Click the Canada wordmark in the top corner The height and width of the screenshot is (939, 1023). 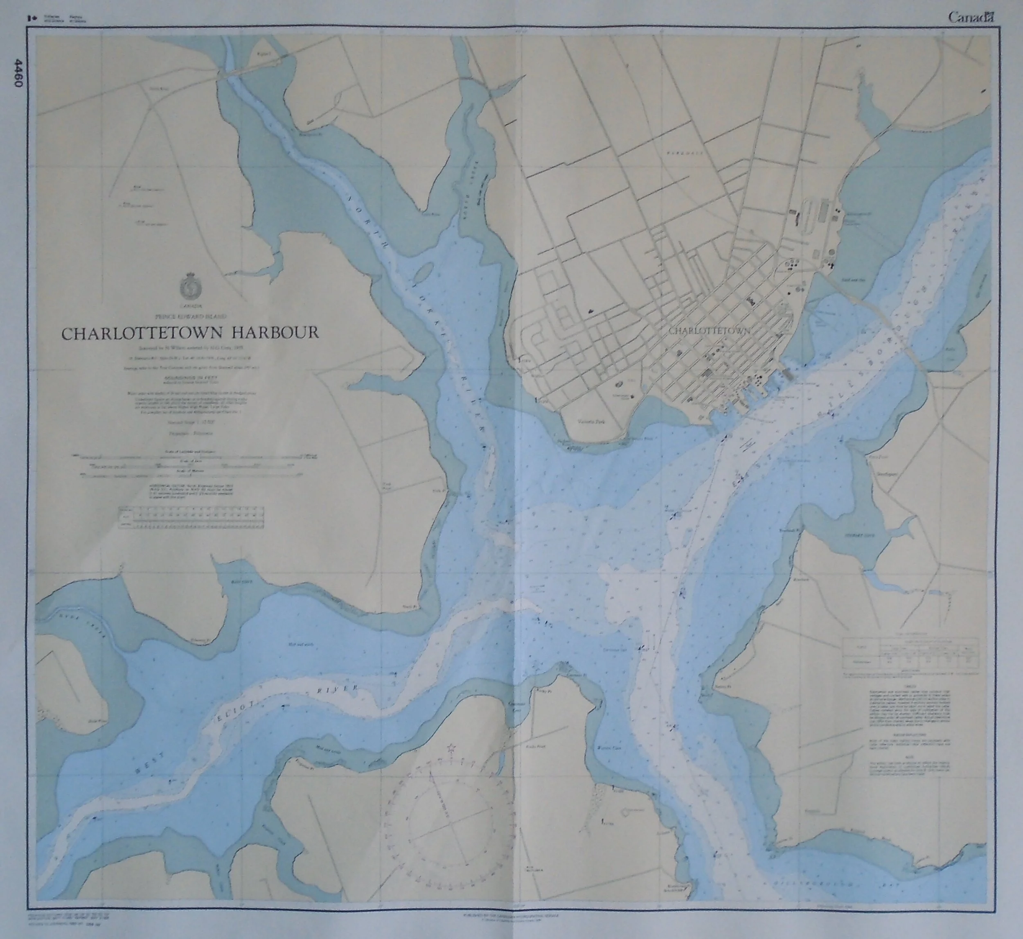point(970,17)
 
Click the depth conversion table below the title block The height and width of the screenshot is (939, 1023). point(192,518)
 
